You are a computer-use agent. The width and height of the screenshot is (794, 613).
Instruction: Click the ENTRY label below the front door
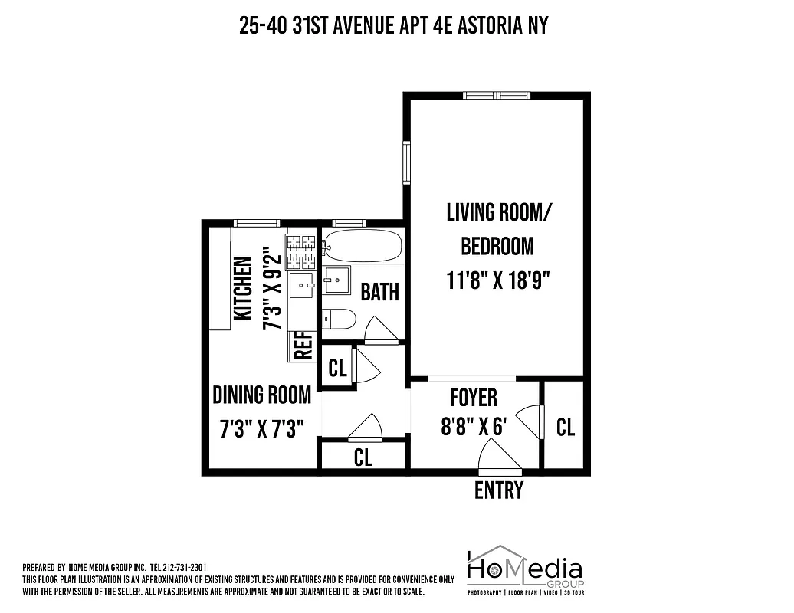coord(499,490)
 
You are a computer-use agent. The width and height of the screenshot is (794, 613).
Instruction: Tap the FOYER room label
coord(473,398)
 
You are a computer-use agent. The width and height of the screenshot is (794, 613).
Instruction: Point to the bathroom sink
coord(336,280)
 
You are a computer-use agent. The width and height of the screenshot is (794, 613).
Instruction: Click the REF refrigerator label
coord(303,346)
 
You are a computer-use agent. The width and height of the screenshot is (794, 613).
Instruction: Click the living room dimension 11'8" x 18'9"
coord(499,280)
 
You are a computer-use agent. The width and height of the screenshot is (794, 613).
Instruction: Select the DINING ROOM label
coord(261,395)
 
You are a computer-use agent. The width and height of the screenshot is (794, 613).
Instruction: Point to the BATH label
coord(379,292)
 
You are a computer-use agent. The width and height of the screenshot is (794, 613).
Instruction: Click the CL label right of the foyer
coord(566,427)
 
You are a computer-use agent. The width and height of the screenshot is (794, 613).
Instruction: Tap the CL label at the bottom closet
coord(363,457)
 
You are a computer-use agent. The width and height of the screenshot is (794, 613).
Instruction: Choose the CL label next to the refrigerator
coord(337,368)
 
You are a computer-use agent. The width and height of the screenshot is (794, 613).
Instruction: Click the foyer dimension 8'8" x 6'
coord(474,426)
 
